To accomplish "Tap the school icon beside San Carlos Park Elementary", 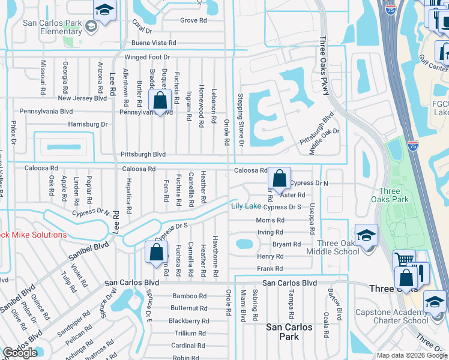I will point(104,11).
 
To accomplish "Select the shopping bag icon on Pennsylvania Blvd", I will point(160,101).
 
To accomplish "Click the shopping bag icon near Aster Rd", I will point(279,178).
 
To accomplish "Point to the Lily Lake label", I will point(246,207).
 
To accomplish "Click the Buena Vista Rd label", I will point(154,43).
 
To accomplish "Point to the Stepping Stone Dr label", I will point(240,119).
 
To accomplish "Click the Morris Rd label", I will point(270,220).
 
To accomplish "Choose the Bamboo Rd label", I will point(189,296).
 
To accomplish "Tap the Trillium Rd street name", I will point(190,333).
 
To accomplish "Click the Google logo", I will point(20,353).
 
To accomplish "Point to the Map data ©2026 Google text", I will point(411,355).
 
